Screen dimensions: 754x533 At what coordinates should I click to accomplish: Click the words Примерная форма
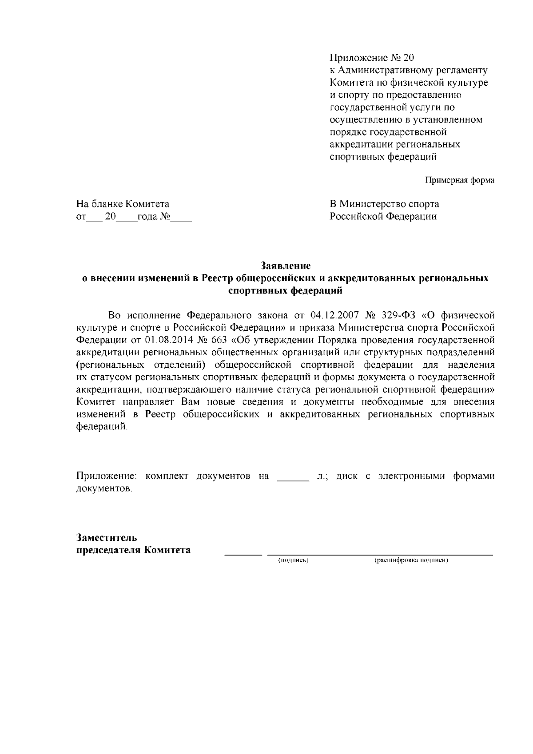pos(460,180)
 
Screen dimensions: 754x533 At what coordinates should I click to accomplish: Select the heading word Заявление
pos(285,266)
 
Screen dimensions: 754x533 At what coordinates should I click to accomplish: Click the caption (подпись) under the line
pos(293,560)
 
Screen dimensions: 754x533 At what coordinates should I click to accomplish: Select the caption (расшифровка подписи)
pos(411,560)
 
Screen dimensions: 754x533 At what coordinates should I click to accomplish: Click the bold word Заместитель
pos(107,538)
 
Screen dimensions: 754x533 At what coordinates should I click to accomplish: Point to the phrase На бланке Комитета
pos(123,204)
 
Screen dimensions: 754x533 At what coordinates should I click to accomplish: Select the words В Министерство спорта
pos(384,204)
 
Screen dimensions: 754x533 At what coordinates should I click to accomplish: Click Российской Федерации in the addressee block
pos(382,216)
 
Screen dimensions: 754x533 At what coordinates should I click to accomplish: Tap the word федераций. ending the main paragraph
pos(102,427)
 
